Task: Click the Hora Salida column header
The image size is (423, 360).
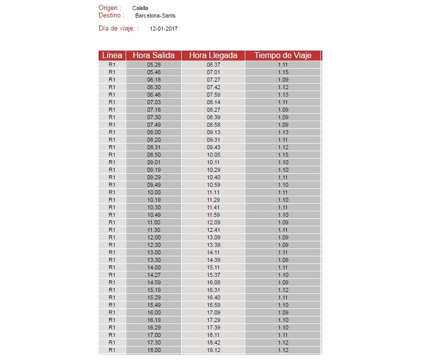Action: [x=153, y=56]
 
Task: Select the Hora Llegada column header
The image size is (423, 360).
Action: [x=213, y=56]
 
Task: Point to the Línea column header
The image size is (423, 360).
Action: [x=112, y=56]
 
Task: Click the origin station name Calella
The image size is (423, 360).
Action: [x=140, y=8]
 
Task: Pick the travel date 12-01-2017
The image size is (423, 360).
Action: [x=164, y=28]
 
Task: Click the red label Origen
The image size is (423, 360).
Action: [x=110, y=8]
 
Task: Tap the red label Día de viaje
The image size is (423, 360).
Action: [x=118, y=28]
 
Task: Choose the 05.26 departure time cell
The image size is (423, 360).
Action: [x=154, y=65]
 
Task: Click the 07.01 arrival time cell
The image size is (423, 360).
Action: [x=213, y=72]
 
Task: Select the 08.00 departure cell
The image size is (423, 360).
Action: [x=154, y=132]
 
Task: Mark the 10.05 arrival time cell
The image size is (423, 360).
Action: [x=213, y=155]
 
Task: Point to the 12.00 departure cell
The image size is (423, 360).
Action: [x=154, y=237]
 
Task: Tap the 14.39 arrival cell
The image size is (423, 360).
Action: [x=213, y=260]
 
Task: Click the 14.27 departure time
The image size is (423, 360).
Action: [x=154, y=275]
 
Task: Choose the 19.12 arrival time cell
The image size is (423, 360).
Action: [x=213, y=350]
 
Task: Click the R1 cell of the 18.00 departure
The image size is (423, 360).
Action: [x=112, y=350]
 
